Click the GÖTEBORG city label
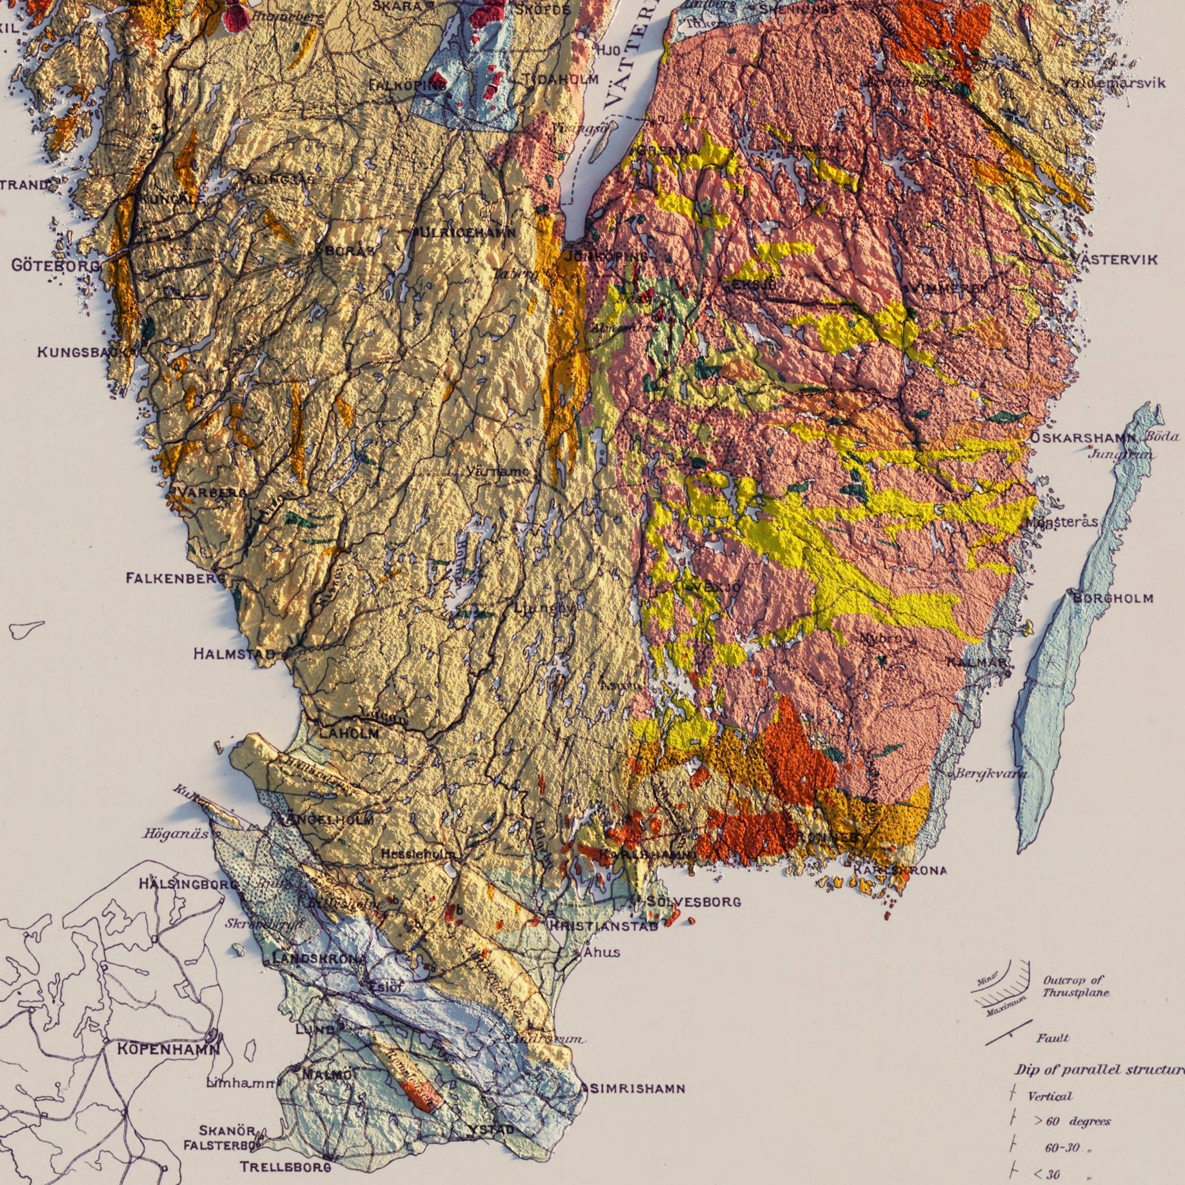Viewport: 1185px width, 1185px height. click(x=55, y=266)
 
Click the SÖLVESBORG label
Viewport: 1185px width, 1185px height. click(x=694, y=902)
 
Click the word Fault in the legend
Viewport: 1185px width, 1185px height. click(x=1052, y=1039)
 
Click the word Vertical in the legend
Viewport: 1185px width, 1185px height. click(x=1050, y=1096)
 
